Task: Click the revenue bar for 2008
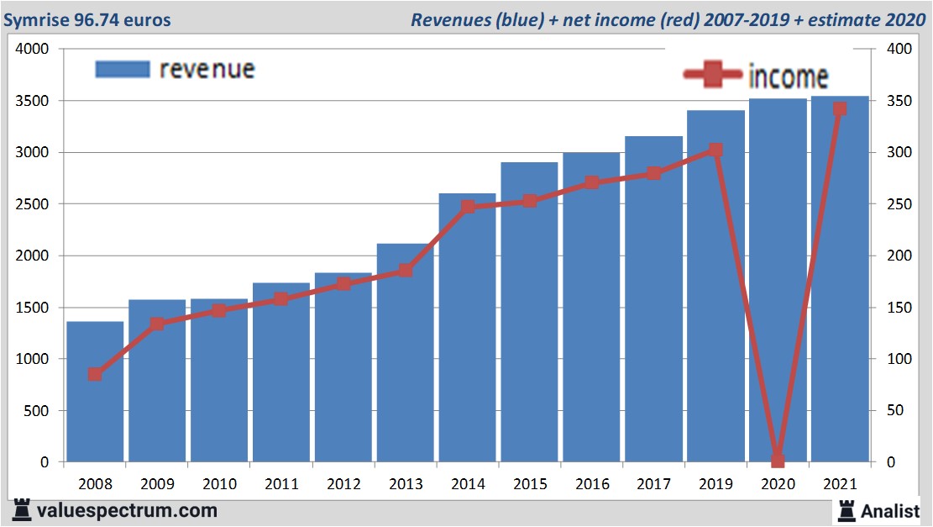95,392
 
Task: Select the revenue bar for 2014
467,328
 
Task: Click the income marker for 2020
778,460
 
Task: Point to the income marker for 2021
839,109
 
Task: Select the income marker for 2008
95,374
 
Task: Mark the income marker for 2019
715,150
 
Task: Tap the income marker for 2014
468,206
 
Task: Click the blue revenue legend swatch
122,69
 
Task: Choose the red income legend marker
712,76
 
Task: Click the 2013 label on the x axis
405,484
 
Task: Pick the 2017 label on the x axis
653,484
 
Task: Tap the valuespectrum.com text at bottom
126,510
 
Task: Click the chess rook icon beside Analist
846,509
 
